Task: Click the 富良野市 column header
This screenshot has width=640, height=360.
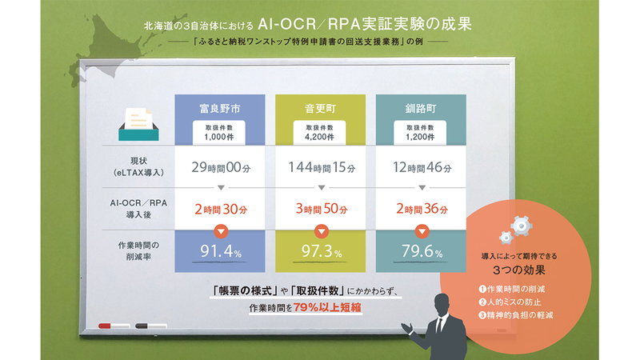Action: [219, 109]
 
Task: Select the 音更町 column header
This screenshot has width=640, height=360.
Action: [321, 109]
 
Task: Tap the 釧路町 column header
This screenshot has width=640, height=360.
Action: [421, 109]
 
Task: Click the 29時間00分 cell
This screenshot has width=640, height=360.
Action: [221, 167]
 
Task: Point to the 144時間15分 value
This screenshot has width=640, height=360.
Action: [322, 167]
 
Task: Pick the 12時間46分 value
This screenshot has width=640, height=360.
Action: [422, 167]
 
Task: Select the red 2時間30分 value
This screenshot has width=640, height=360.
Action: [221, 210]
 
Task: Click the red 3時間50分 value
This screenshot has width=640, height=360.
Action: [322, 210]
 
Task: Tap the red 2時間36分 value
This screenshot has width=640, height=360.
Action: [422, 210]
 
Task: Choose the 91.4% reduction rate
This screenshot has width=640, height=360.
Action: [221, 251]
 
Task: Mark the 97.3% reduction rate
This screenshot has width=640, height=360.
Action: [322, 251]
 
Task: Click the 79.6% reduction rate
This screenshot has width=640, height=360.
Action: [422, 251]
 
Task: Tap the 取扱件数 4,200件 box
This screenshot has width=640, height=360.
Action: [319, 133]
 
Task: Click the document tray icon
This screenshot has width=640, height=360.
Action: [138, 125]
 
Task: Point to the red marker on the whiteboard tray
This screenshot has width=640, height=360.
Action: [114, 326]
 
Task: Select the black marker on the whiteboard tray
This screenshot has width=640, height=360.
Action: [151, 326]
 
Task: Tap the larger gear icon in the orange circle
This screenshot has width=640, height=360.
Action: [522, 226]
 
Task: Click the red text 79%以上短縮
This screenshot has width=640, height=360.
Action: [327, 307]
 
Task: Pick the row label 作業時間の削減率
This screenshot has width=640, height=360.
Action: [138, 251]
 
